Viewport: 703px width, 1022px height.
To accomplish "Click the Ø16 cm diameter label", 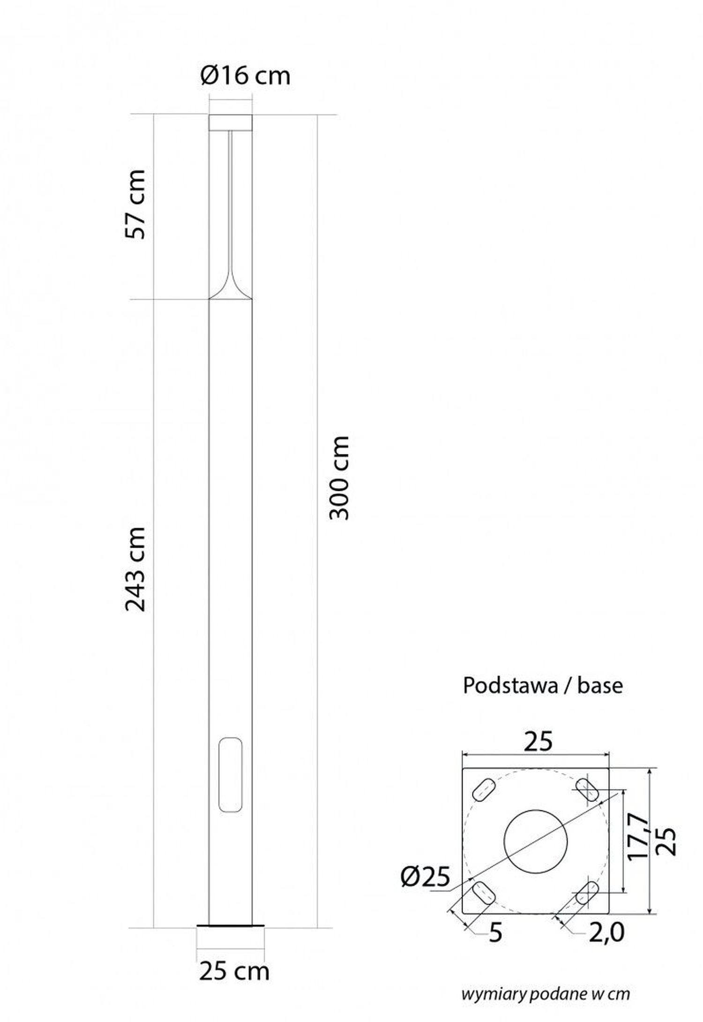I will click(245, 75).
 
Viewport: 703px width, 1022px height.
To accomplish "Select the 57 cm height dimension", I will click(136, 204).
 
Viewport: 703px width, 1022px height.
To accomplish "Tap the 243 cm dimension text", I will click(136, 569).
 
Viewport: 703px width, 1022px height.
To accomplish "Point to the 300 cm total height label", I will click(339, 478).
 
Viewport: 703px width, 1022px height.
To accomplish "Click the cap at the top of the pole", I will click(231, 122).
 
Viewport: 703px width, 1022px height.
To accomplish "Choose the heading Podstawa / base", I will click(543, 685).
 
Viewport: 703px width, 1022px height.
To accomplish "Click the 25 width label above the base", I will click(538, 741).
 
